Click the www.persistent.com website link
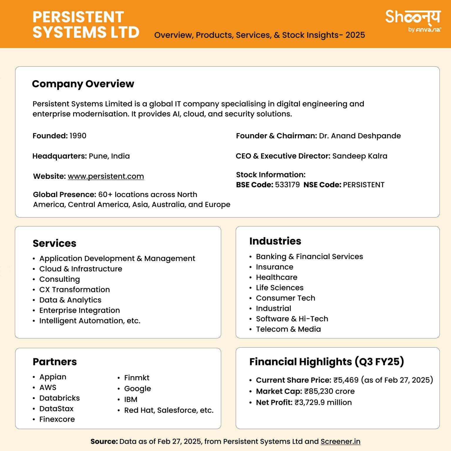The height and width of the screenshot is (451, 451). (x=106, y=176)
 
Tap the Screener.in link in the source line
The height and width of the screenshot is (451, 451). (x=340, y=441)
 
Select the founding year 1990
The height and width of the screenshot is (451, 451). (x=78, y=136)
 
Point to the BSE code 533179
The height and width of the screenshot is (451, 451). (x=287, y=185)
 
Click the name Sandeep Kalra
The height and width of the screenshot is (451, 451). (x=360, y=156)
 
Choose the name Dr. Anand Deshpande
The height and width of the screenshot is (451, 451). (x=360, y=136)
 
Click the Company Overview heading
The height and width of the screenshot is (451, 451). (x=83, y=84)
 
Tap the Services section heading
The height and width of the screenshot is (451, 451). (x=54, y=243)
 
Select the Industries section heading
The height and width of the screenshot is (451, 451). (x=275, y=241)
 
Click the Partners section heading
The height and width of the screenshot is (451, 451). (x=55, y=361)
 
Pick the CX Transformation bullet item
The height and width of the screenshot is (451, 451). (x=75, y=290)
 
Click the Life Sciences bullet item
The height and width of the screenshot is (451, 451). (x=280, y=287)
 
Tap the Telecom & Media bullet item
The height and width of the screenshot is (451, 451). (x=288, y=329)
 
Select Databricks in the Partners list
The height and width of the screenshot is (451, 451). (x=60, y=398)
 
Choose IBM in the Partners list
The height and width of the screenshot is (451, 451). (x=131, y=399)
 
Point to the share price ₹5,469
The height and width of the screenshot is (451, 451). (x=346, y=380)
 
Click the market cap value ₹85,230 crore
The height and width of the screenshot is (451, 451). (x=329, y=391)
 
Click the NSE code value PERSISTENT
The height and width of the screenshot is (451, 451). (x=364, y=185)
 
